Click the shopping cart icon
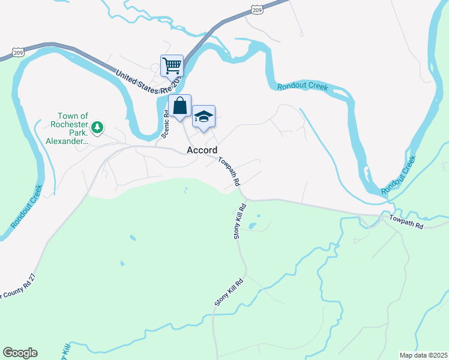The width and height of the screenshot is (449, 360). pos(172,65)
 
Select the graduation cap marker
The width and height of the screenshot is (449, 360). pos(203,116)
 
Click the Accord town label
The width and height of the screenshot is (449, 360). pos(202,150)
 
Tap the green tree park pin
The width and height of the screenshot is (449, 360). pos(97,127)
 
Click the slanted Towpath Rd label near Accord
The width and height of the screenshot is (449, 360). pos(229,170)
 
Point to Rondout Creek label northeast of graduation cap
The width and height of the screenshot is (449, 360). pos(303,86)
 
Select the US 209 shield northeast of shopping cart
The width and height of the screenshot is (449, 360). pos(258,10)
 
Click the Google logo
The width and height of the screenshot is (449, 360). pos(20,353)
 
